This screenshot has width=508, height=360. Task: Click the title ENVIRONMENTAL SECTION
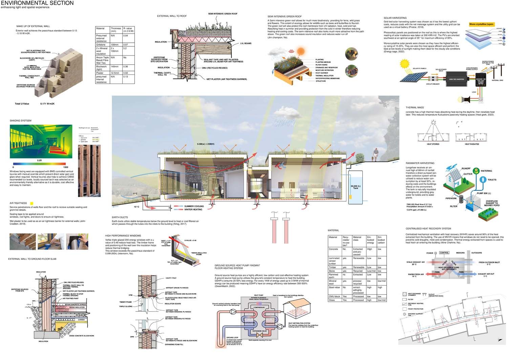tap(37, 3)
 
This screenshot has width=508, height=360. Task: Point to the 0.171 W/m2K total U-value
tap(47, 104)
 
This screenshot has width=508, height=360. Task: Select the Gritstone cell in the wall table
tap(101, 45)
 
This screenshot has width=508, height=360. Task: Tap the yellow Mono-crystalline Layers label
tap(482, 24)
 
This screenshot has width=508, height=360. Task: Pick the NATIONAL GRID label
tap(497, 81)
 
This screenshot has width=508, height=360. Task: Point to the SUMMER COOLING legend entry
tap(194, 206)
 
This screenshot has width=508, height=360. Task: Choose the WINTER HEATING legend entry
tap(193, 210)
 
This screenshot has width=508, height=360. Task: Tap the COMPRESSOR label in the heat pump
tap(259, 308)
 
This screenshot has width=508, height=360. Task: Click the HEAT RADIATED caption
tap(472, 144)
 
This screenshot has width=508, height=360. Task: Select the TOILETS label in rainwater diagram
tap(492, 180)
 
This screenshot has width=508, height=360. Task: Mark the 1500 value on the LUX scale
tap(65, 167)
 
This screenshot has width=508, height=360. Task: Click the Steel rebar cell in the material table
tap(334, 288)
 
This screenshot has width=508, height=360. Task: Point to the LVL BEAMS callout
tap(246, 43)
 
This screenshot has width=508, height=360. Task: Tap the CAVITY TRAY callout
tap(171, 278)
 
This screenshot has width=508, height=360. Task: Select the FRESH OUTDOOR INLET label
tap(489, 262)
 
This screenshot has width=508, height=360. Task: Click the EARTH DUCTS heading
tap(120, 217)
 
